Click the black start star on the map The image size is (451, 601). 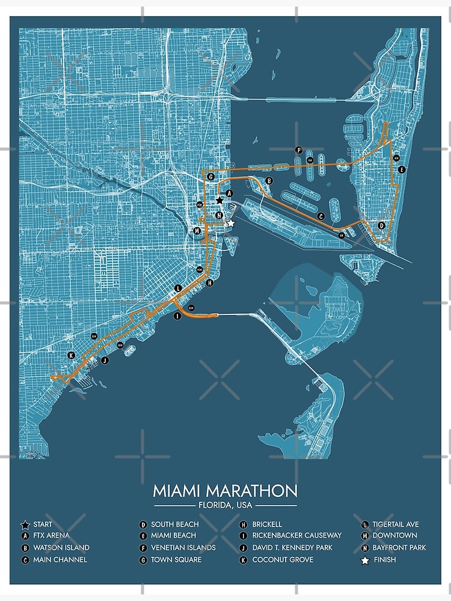[219, 200]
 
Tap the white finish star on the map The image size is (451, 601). [230, 223]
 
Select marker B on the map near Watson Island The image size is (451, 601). [269, 180]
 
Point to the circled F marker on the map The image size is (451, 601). [298, 150]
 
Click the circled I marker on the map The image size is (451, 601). [177, 316]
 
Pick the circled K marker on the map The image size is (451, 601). [72, 355]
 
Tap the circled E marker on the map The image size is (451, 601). [402, 169]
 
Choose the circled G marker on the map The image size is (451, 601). [210, 177]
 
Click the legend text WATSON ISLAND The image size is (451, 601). [61, 548]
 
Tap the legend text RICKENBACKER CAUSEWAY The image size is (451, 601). [297, 535]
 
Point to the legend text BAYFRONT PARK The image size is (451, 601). [399, 548]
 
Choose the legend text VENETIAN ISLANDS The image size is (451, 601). [183, 548]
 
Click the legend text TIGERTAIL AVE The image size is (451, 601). [396, 524]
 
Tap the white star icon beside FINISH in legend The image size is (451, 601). [364, 560]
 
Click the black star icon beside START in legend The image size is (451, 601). [25, 524]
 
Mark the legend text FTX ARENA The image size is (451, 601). [51, 535]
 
